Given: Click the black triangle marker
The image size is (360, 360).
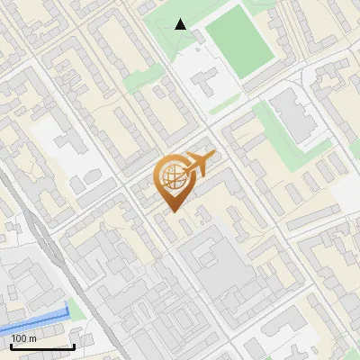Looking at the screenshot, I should (x=181, y=24).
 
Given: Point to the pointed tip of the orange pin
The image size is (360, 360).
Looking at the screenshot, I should (x=173, y=211).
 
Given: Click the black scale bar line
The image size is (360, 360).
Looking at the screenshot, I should (x=42, y=346).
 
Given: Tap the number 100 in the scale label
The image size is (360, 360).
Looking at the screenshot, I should (x=21, y=337).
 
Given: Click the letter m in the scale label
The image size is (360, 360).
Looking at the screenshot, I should (x=33, y=337).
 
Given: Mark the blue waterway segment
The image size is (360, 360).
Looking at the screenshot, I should (x=36, y=317).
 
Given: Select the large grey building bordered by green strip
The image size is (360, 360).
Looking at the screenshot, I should (x=292, y=117).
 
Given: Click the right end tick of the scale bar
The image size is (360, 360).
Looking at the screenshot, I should (x=74, y=344).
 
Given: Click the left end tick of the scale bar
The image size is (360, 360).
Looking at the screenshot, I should (x=11, y=344).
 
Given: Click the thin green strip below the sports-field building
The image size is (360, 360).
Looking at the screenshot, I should (x=224, y=105).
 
